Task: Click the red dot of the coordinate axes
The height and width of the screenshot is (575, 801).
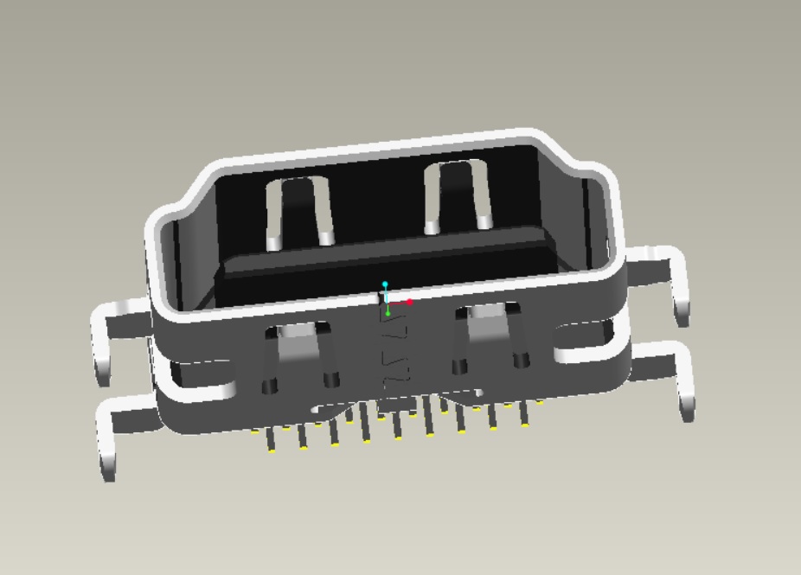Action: tap(410, 303)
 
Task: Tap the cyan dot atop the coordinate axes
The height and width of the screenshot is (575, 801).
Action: tap(386, 284)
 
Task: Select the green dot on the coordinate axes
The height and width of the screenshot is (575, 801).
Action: tap(388, 314)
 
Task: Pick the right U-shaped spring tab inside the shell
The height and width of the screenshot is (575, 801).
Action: tap(458, 196)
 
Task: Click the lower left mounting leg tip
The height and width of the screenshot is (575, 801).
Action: tap(108, 466)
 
